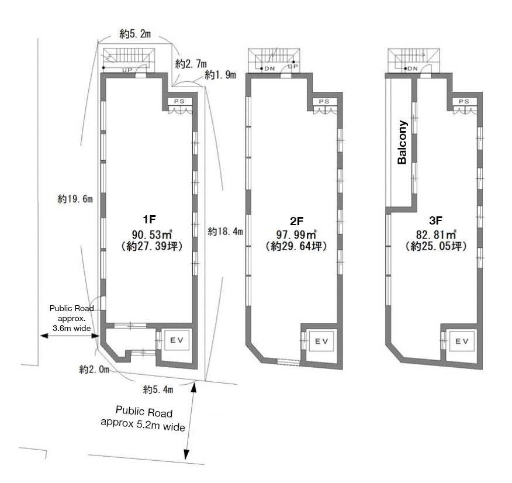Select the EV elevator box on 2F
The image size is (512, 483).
[x=321, y=340]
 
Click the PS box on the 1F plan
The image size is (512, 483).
[x=179, y=101]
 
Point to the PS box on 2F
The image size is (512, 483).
[x=324, y=101]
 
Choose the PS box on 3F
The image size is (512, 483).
[x=465, y=101]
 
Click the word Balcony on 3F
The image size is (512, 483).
[x=402, y=142]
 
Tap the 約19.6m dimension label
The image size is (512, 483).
[x=75, y=199]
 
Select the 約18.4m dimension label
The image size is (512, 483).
[x=225, y=232]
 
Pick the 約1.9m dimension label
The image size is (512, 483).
[x=220, y=75]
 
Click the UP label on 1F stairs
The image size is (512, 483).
[x=127, y=70]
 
